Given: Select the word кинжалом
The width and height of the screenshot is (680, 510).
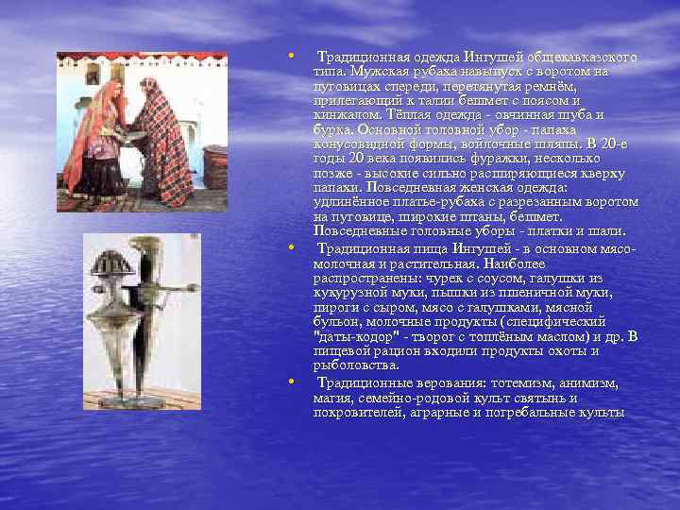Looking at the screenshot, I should coord(344,114).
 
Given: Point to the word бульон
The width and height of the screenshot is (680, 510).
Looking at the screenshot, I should coord(336,321).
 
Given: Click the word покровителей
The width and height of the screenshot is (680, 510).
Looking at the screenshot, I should coord(358,412).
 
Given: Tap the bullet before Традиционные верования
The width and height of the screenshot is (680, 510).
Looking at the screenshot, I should coord(292,382).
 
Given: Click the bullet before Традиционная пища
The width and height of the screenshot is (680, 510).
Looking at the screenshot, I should coord(292,248).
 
